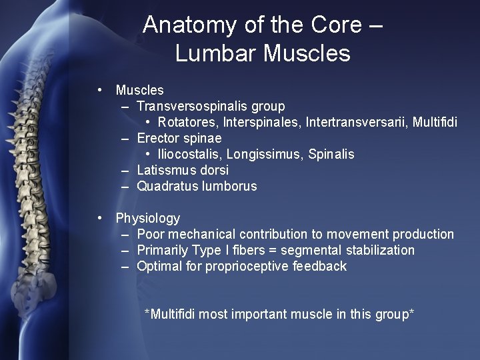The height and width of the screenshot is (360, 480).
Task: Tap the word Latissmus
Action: click(165, 170)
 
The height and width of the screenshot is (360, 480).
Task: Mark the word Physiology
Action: click(148, 219)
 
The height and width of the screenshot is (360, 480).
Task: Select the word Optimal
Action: click(159, 266)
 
